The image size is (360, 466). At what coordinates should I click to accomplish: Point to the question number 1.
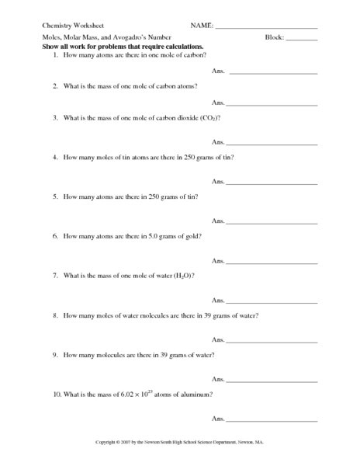pyautogui.click(x=55, y=56)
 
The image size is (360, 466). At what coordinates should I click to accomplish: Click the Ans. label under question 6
pyautogui.click(x=218, y=261)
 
